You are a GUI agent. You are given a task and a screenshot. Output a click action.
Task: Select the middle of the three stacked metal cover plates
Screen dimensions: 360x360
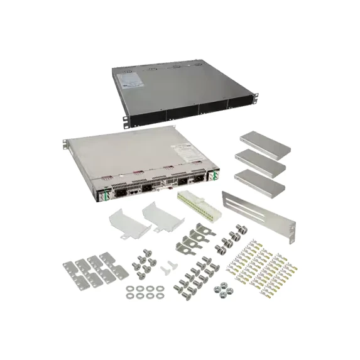[260, 163]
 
